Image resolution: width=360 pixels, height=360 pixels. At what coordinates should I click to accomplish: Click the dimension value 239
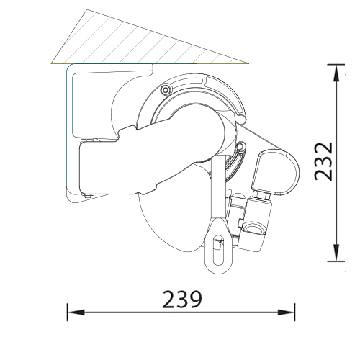tap(182, 300)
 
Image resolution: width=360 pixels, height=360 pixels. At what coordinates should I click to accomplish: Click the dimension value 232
tap(323, 161)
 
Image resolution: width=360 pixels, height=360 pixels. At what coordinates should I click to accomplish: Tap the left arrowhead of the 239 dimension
tap(76, 312)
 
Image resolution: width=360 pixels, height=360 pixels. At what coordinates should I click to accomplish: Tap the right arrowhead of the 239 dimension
tap(286, 312)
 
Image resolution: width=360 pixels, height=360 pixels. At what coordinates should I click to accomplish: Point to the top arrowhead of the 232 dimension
tap(336, 73)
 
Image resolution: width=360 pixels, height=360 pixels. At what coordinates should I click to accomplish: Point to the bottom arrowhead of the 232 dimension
tap(336, 253)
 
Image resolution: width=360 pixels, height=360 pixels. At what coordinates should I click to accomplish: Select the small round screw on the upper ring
tap(165, 90)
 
